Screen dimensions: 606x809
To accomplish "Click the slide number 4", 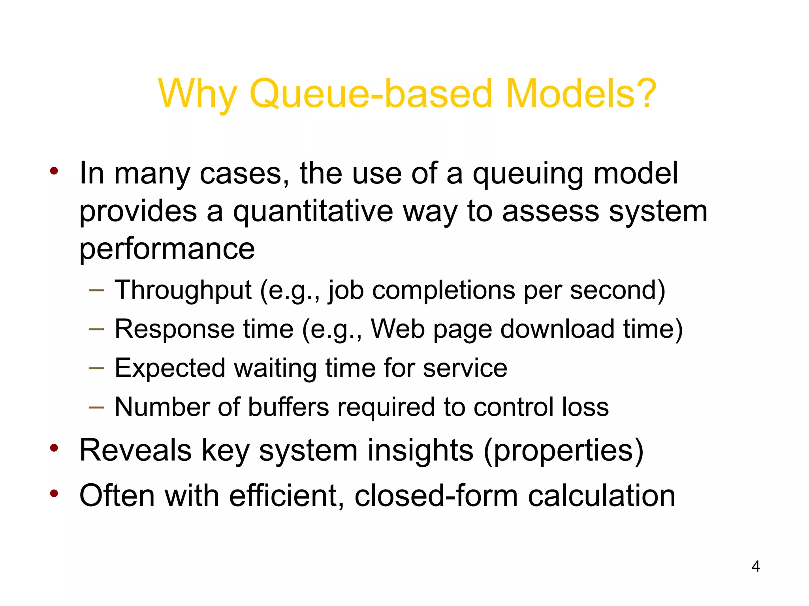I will [755, 567].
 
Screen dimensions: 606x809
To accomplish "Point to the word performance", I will [167, 249].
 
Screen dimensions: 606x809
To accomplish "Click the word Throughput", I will [183, 290].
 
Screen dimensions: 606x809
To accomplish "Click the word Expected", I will [170, 368].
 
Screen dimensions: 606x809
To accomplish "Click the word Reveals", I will [135, 450].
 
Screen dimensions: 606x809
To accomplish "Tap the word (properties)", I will [563, 451].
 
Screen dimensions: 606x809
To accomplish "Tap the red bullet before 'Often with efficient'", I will [54, 493].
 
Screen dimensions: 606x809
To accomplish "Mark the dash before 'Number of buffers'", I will [96, 407].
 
